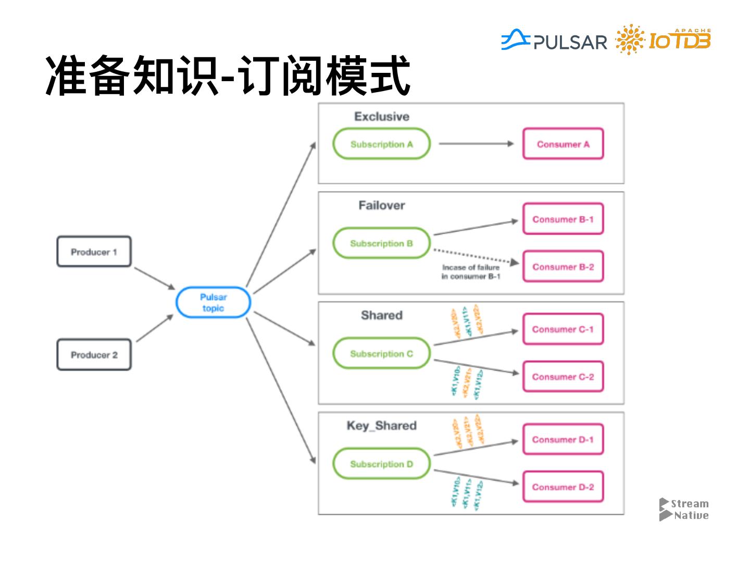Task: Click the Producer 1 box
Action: [x=94, y=252]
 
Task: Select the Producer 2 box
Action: [x=94, y=355]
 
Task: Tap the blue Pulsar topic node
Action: [x=213, y=302]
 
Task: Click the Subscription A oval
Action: [x=381, y=144]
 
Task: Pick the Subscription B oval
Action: [x=381, y=244]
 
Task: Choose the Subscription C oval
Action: [x=381, y=354]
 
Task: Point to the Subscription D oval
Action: [x=381, y=464]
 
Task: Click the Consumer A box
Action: [x=563, y=144]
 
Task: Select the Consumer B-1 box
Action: [x=563, y=219]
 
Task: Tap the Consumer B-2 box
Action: [x=563, y=267]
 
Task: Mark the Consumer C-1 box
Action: [x=563, y=329]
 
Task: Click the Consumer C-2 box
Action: [x=563, y=377]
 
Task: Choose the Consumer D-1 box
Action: [x=563, y=440]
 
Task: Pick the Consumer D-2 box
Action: [x=563, y=487]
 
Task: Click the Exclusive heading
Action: [x=382, y=117]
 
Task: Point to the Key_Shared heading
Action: [x=382, y=426]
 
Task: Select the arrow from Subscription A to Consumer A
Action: [x=476, y=144]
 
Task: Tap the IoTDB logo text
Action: [x=679, y=41]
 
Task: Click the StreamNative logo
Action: [x=684, y=509]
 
